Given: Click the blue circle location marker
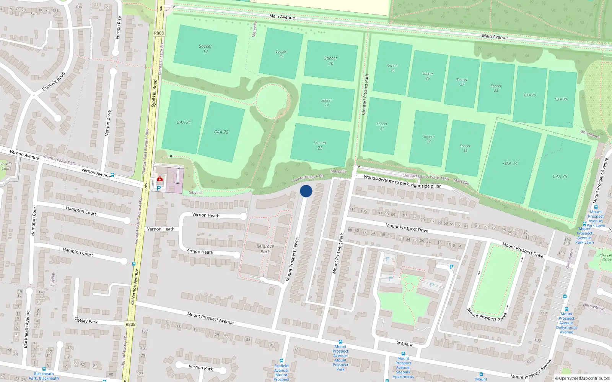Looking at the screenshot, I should (306, 191).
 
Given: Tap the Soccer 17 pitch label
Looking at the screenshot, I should (205, 49).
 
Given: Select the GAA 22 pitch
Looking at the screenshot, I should (221, 132).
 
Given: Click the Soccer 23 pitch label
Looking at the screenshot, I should (320, 145).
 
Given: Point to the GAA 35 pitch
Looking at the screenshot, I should (560, 176).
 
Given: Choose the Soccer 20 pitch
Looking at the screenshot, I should (331, 61).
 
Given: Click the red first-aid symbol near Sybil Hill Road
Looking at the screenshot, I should (160, 179).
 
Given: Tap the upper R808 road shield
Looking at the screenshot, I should (159, 33).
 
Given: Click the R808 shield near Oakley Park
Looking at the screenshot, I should (130, 324).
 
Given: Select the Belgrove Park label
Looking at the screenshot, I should (265, 249).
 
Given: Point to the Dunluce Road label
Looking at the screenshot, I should (54, 82).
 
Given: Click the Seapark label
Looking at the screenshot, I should (404, 343).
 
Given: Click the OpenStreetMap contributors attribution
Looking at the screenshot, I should (582, 378).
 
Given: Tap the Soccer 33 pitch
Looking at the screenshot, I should (465, 148).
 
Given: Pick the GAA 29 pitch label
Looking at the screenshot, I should (530, 95).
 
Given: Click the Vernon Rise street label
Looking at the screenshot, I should (118, 28).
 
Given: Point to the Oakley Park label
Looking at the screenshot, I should (86, 320).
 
